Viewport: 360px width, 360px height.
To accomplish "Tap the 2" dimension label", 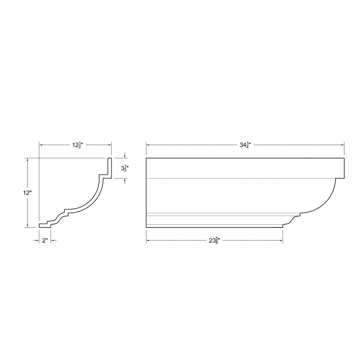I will [45, 240].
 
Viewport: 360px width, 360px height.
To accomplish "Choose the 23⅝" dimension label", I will [214, 240].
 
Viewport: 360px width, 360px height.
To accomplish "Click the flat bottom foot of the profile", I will [45, 226].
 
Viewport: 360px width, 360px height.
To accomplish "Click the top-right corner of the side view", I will [344, 158].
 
